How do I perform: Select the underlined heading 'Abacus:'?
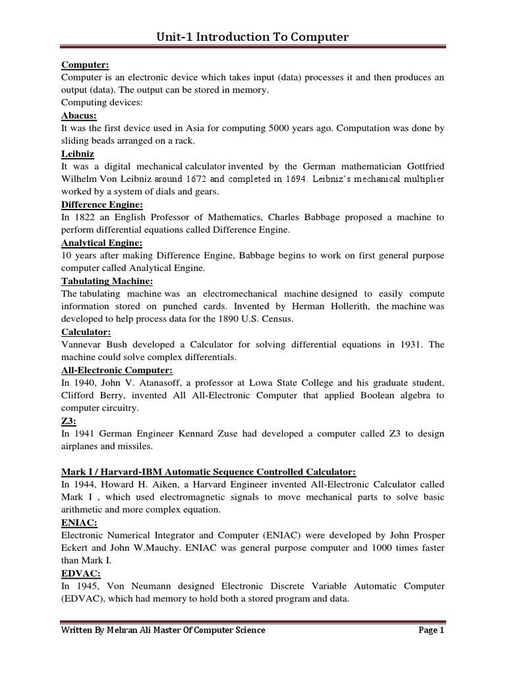(78, 115)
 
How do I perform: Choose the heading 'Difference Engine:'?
(101, 204)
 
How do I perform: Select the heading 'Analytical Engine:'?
(101, 243)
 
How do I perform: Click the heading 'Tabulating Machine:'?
(104, 281)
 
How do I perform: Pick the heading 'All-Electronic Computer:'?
(117, 370)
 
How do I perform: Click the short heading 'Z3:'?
(69, 421)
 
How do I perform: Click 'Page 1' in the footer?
(432, 630)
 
